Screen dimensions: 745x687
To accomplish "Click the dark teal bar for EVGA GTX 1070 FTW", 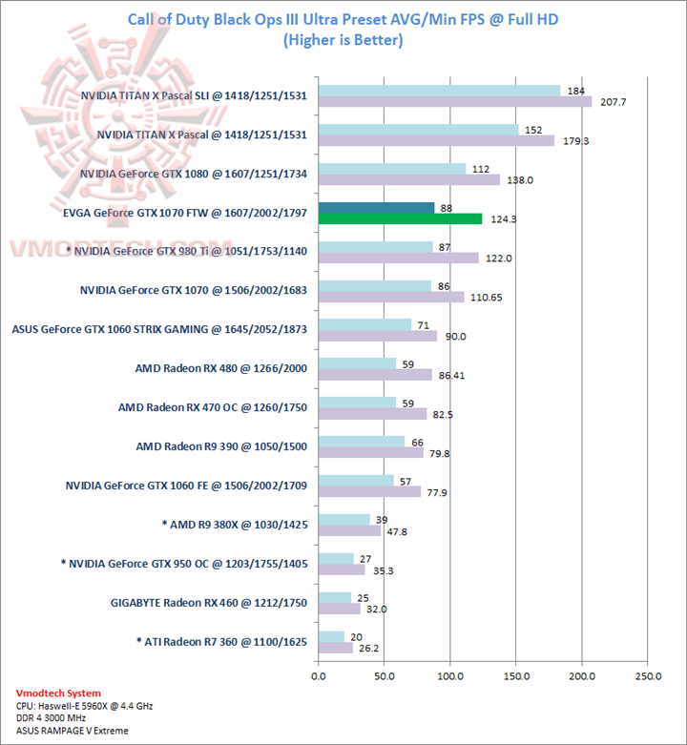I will click(x=376, y=208).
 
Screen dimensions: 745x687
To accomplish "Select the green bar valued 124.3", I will click(x=400, y=219).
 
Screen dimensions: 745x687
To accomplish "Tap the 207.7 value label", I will click(x=608, y=101).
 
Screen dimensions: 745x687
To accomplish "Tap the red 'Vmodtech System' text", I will click(x=58, y=693).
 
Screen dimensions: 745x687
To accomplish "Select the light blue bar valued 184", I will click(x=439, y=91).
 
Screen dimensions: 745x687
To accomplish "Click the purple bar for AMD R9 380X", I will click(x=349, y=531).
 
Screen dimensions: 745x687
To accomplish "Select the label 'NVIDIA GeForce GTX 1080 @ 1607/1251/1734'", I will click(x=194, y=174).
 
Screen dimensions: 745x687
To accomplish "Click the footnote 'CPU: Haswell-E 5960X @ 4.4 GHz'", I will click(x=85, y=706).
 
